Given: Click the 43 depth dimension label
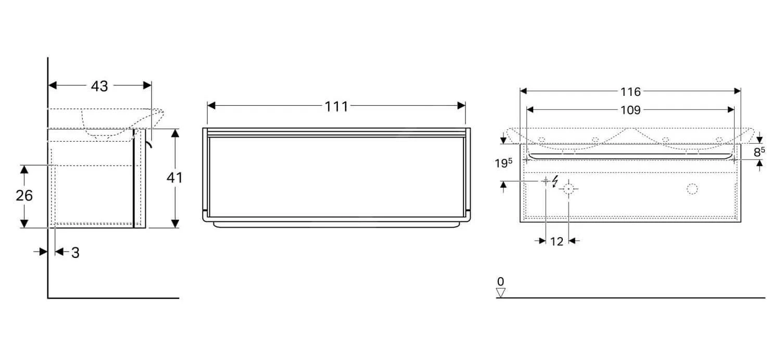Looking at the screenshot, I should click(99, 86).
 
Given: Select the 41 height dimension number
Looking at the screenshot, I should click(174, 178).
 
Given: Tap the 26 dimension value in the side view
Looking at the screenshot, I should click(24, 196).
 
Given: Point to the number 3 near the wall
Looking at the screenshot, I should click(75, 253).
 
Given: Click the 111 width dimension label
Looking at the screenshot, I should click(336, 106).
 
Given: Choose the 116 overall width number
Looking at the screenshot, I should click(631, 92).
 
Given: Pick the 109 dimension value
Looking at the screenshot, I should click(631, 110).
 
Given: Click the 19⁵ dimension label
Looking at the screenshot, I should click(503, 163).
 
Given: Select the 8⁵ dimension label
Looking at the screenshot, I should click(760, 152).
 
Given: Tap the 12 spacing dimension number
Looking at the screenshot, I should click(557, 241).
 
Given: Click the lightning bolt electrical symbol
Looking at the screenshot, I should click(555, 181).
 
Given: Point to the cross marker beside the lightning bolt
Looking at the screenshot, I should click(545, 181).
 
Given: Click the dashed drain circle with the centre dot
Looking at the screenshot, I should click(569, 189).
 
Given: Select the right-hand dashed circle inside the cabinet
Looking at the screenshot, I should click(692, 189).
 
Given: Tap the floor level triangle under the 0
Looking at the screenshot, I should click(501, 293).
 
